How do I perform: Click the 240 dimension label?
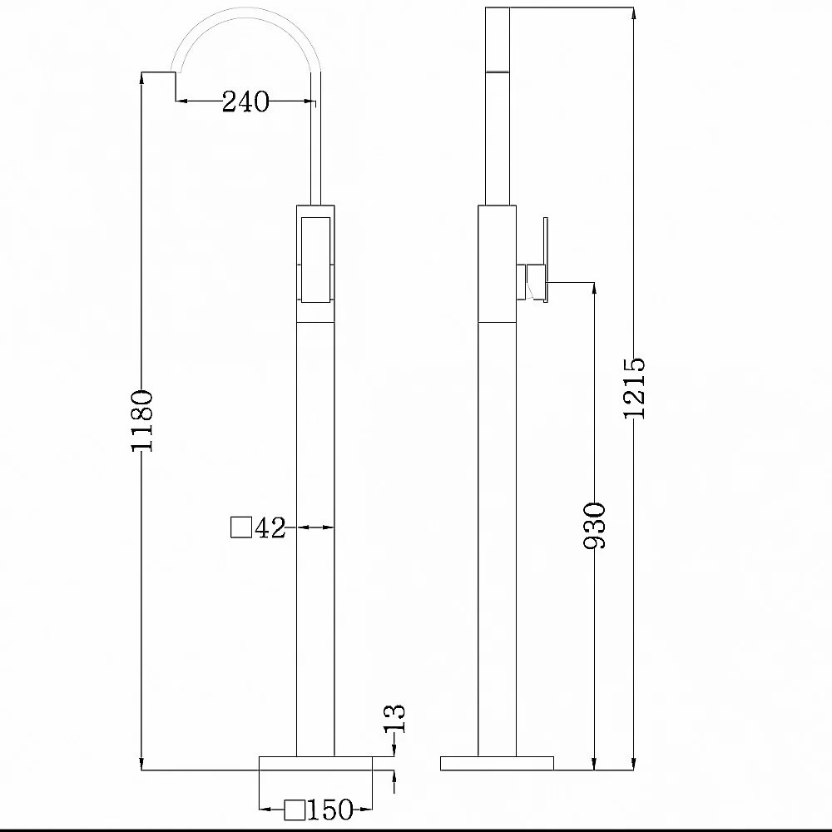245,102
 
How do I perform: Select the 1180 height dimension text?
142,421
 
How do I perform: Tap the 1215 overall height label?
634,388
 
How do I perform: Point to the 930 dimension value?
594,525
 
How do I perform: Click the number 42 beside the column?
270,528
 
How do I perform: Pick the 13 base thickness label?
394,719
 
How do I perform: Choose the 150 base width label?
329,810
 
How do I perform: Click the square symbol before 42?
241,527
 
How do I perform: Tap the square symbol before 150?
295,810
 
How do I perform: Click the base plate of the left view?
315,763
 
